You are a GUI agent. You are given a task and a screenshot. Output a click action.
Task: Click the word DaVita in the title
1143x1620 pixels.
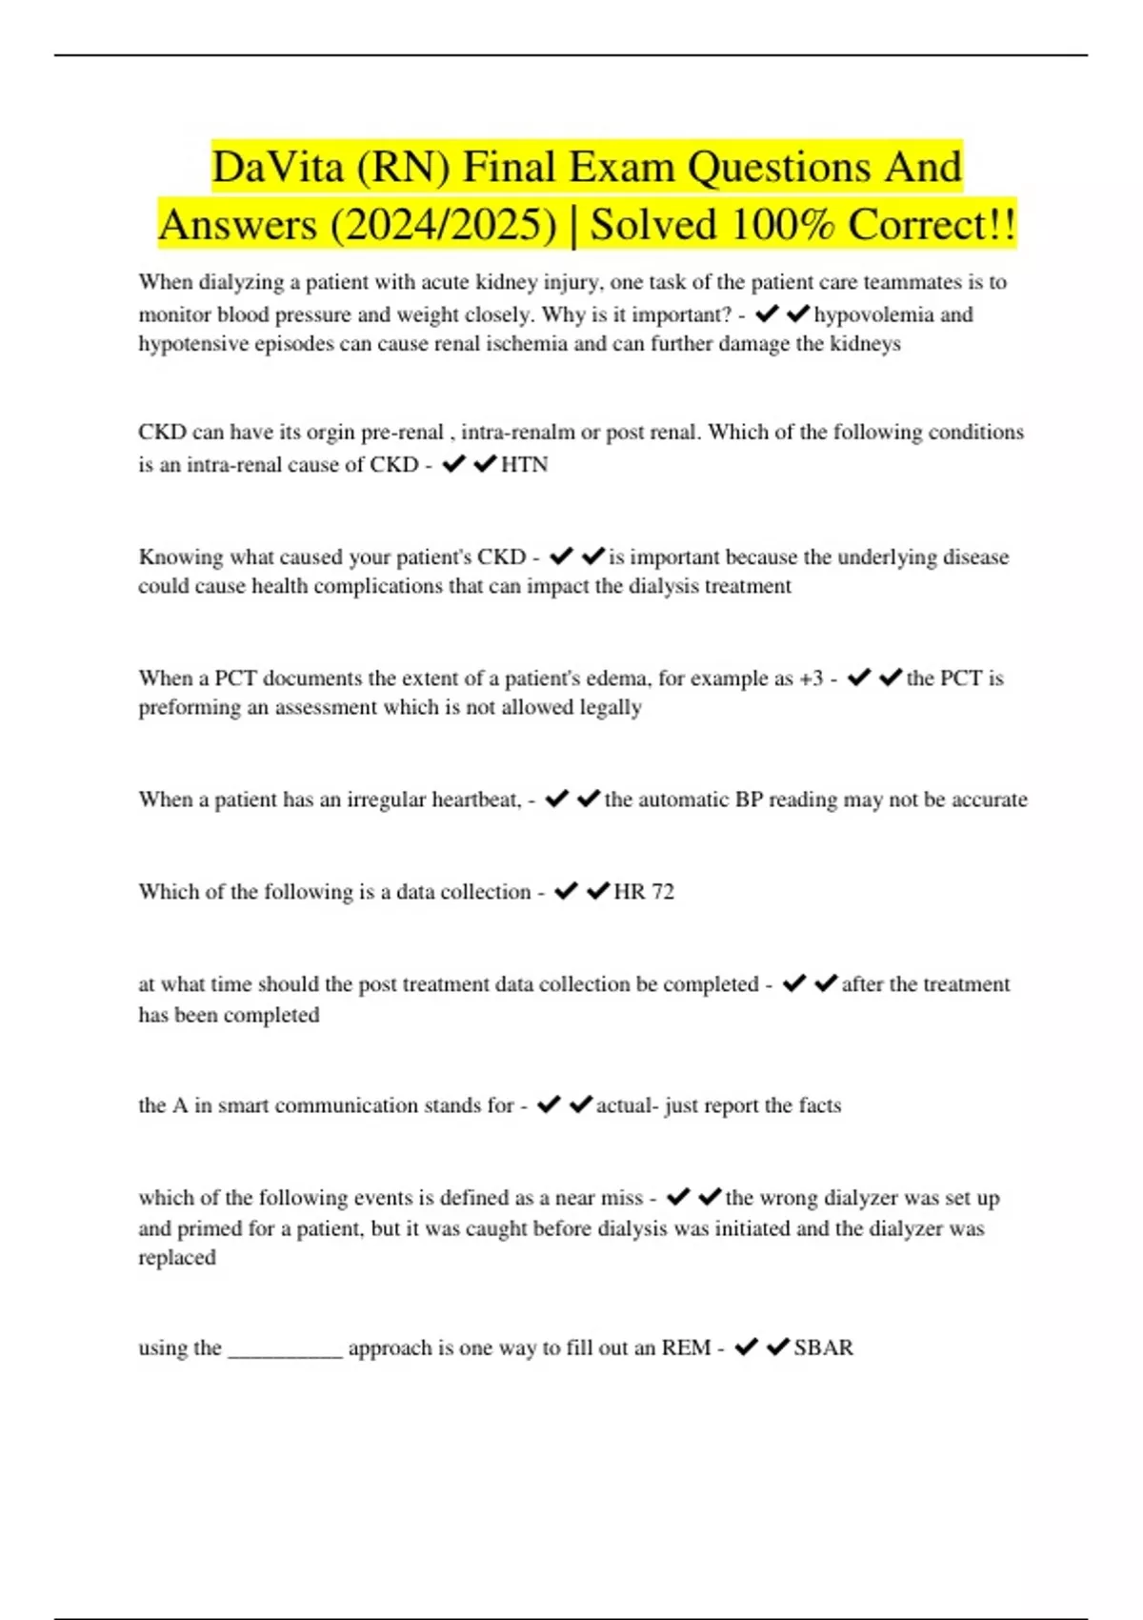[x=278, y=168]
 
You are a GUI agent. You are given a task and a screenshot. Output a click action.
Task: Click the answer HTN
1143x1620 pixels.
[x=524, y=465]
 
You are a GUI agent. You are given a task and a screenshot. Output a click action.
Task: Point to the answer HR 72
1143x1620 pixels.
[x=644, y=892]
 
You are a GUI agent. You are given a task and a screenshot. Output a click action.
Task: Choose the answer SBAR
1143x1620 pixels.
[x=824, y=1347]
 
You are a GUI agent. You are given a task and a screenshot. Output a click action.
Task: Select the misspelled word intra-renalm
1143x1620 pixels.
[x=518, y=433]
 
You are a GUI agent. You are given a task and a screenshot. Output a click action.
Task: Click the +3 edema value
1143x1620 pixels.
[x=812, y=678]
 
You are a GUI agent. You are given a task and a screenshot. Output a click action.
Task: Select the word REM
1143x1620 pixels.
[x=686, y=1347]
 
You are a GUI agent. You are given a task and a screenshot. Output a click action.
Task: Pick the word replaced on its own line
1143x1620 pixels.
[x=177, y=1258]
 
